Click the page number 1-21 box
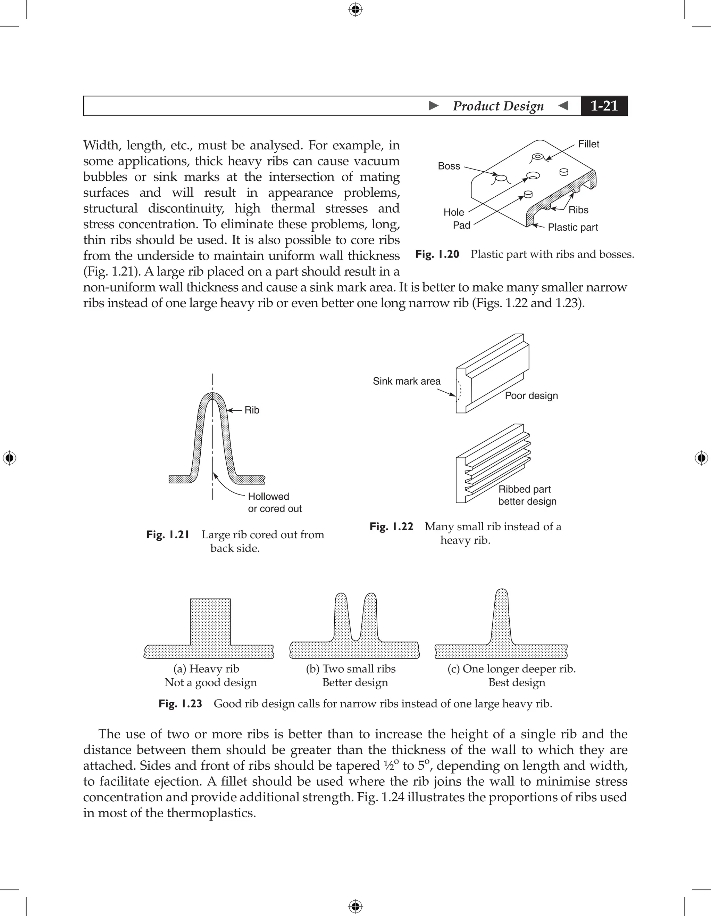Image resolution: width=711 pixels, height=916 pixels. pyautogui.click(x=604, y=106)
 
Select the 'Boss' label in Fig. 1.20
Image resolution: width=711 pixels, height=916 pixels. pyautogui.click(x=449, y=166)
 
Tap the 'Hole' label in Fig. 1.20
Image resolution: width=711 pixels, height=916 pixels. pyautogui.click(x=454, y=212)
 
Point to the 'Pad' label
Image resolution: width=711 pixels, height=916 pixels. pyautogui.click(x=461, y=226)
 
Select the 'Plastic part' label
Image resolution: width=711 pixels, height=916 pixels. pyautogui.click(x=572, y=227)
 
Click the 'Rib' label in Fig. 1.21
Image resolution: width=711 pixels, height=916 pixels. pyautogui.click(x=252, y=410)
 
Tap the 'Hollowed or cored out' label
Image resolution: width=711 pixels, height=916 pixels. pyautogui.click(x=274, y=502)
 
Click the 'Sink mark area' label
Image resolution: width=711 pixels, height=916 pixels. pyautogui.click(x=407, y=381)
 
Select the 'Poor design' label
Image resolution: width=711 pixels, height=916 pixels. pyautogui.click(x=531, y=396)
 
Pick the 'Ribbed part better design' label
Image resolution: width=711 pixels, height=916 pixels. pyautogui.click(x=527, y=495)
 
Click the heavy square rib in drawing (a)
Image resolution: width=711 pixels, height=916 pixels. pyautogui.click(x=210, y=621)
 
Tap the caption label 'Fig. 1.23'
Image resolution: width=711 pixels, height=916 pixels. pyautogui.click(x=180, y=703)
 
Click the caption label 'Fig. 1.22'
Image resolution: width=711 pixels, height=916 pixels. pyautogui.click(x=391, y=527)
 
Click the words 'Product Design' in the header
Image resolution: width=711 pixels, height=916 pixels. pyautogui.click(x=498, y=106)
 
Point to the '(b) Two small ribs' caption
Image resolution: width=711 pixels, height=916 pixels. pyautogui.click(x=350, y=669)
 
